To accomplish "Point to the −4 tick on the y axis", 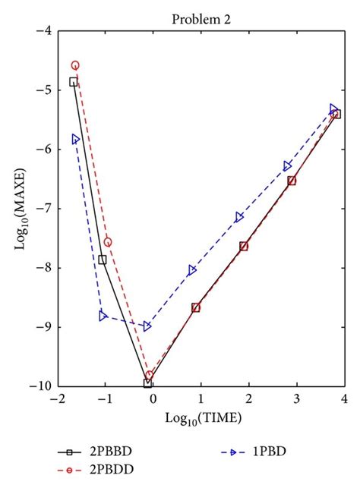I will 44,31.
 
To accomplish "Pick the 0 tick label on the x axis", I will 153,398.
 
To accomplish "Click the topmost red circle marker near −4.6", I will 75,65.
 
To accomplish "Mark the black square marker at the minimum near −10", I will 147,383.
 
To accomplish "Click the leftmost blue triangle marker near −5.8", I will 75,139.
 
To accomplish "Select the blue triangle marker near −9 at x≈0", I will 147,326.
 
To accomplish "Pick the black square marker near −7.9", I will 103,260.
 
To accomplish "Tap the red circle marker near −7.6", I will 108,242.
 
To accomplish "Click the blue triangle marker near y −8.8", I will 103,316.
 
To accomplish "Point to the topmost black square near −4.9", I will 74,82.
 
